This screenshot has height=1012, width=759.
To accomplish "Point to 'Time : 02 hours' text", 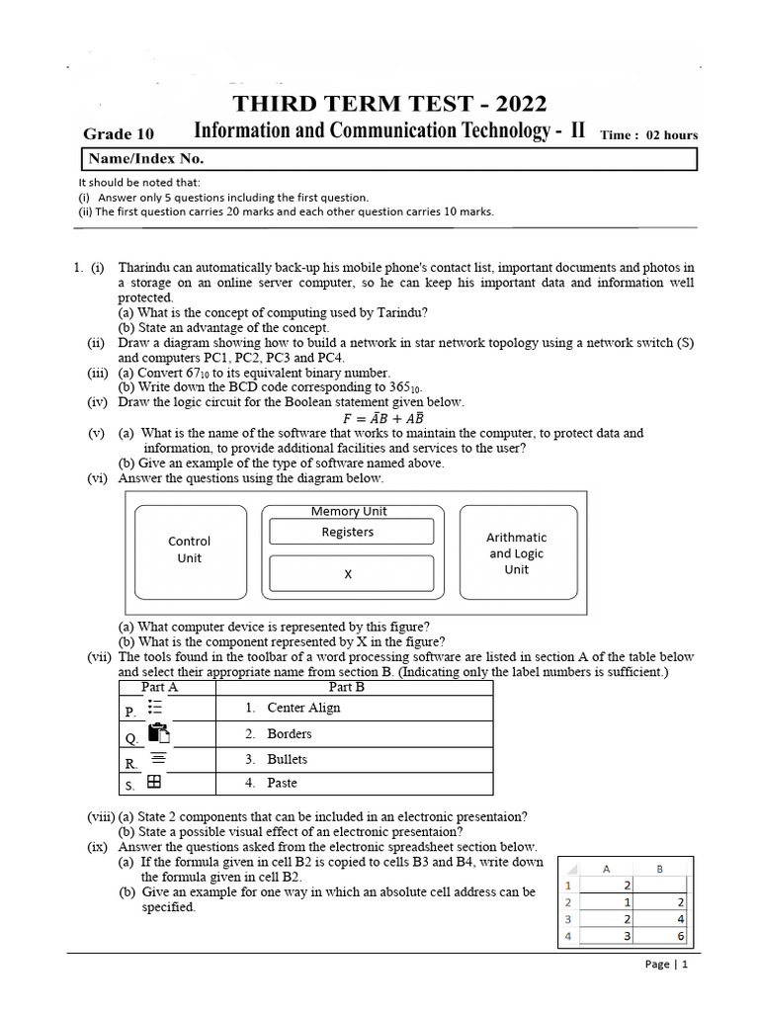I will (648, 135).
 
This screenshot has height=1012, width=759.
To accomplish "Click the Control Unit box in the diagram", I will (190, 549).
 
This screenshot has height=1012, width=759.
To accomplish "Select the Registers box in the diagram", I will (351, 532).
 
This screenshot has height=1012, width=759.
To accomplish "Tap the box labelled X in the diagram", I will (351, 573).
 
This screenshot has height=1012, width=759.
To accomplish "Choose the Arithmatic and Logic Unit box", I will (517, 552).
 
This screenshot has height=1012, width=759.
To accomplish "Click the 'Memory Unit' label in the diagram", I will (349, 511).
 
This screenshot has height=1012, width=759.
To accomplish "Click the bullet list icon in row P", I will (156, 708).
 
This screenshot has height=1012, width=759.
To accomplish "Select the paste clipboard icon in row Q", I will (158, 733).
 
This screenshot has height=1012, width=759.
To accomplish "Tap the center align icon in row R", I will (157, 758).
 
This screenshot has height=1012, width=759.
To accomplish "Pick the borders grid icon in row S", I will (154, 782).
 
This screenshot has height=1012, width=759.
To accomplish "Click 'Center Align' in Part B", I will (303, 708).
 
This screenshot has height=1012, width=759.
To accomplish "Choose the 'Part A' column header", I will (160, 687).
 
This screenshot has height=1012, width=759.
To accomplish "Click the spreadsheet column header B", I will (659, 869).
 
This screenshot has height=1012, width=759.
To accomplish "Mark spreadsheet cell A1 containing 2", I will (607, 885).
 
